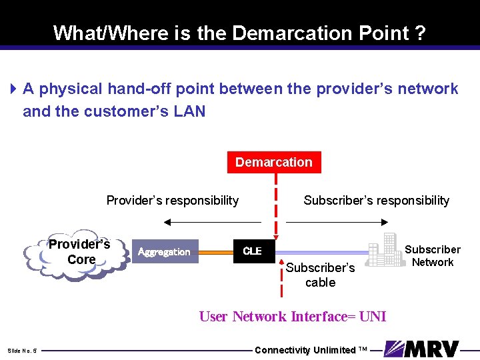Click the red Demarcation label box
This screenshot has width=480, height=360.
273,162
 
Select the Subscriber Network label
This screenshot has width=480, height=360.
433,256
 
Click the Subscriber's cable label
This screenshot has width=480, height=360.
321,275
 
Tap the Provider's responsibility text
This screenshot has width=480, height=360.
173,201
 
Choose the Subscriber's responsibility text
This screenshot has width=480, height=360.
376,201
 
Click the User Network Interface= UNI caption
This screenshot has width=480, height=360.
293,317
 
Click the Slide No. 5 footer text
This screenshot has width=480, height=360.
22,351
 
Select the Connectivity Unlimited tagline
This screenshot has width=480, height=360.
311,350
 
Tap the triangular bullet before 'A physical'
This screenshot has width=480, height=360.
14,89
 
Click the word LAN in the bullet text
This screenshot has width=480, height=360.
189,111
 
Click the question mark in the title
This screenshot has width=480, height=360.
420,33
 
